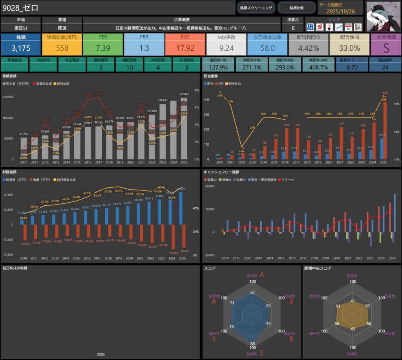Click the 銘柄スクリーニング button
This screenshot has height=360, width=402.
(x=256, y=7)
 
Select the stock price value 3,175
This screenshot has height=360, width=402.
(x=20, y=48)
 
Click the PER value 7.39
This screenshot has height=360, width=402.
(x=102, y=48)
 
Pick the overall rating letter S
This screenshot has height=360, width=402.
(x=386, y=48)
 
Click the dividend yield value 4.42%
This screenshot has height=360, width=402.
(x=308, y=48)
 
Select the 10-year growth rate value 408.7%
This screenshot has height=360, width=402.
(x=319, y=67)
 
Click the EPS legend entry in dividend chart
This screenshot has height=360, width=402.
(x=221, y=84)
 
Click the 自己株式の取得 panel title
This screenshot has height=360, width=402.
(x=15, y=268)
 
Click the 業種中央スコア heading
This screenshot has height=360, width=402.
(x=318, y=268)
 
